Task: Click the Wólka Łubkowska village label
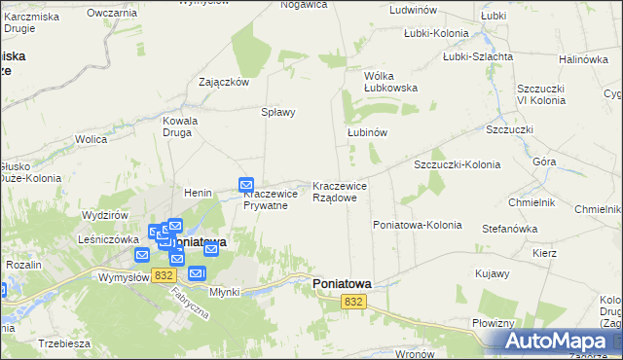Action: [x=390, y=81]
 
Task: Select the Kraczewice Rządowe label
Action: [x=340, y=191]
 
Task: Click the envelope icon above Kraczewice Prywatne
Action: [x=246, y=184]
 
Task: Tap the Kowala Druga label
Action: [x=180, y=127]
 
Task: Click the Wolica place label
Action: [x=91, y=140]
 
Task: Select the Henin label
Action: [x=199, y=193]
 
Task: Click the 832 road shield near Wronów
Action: [x=353, y=303]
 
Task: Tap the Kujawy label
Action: [x=493, y=273]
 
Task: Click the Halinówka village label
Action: [x=583, y=59]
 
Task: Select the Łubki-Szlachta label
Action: [x=478, y=56]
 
